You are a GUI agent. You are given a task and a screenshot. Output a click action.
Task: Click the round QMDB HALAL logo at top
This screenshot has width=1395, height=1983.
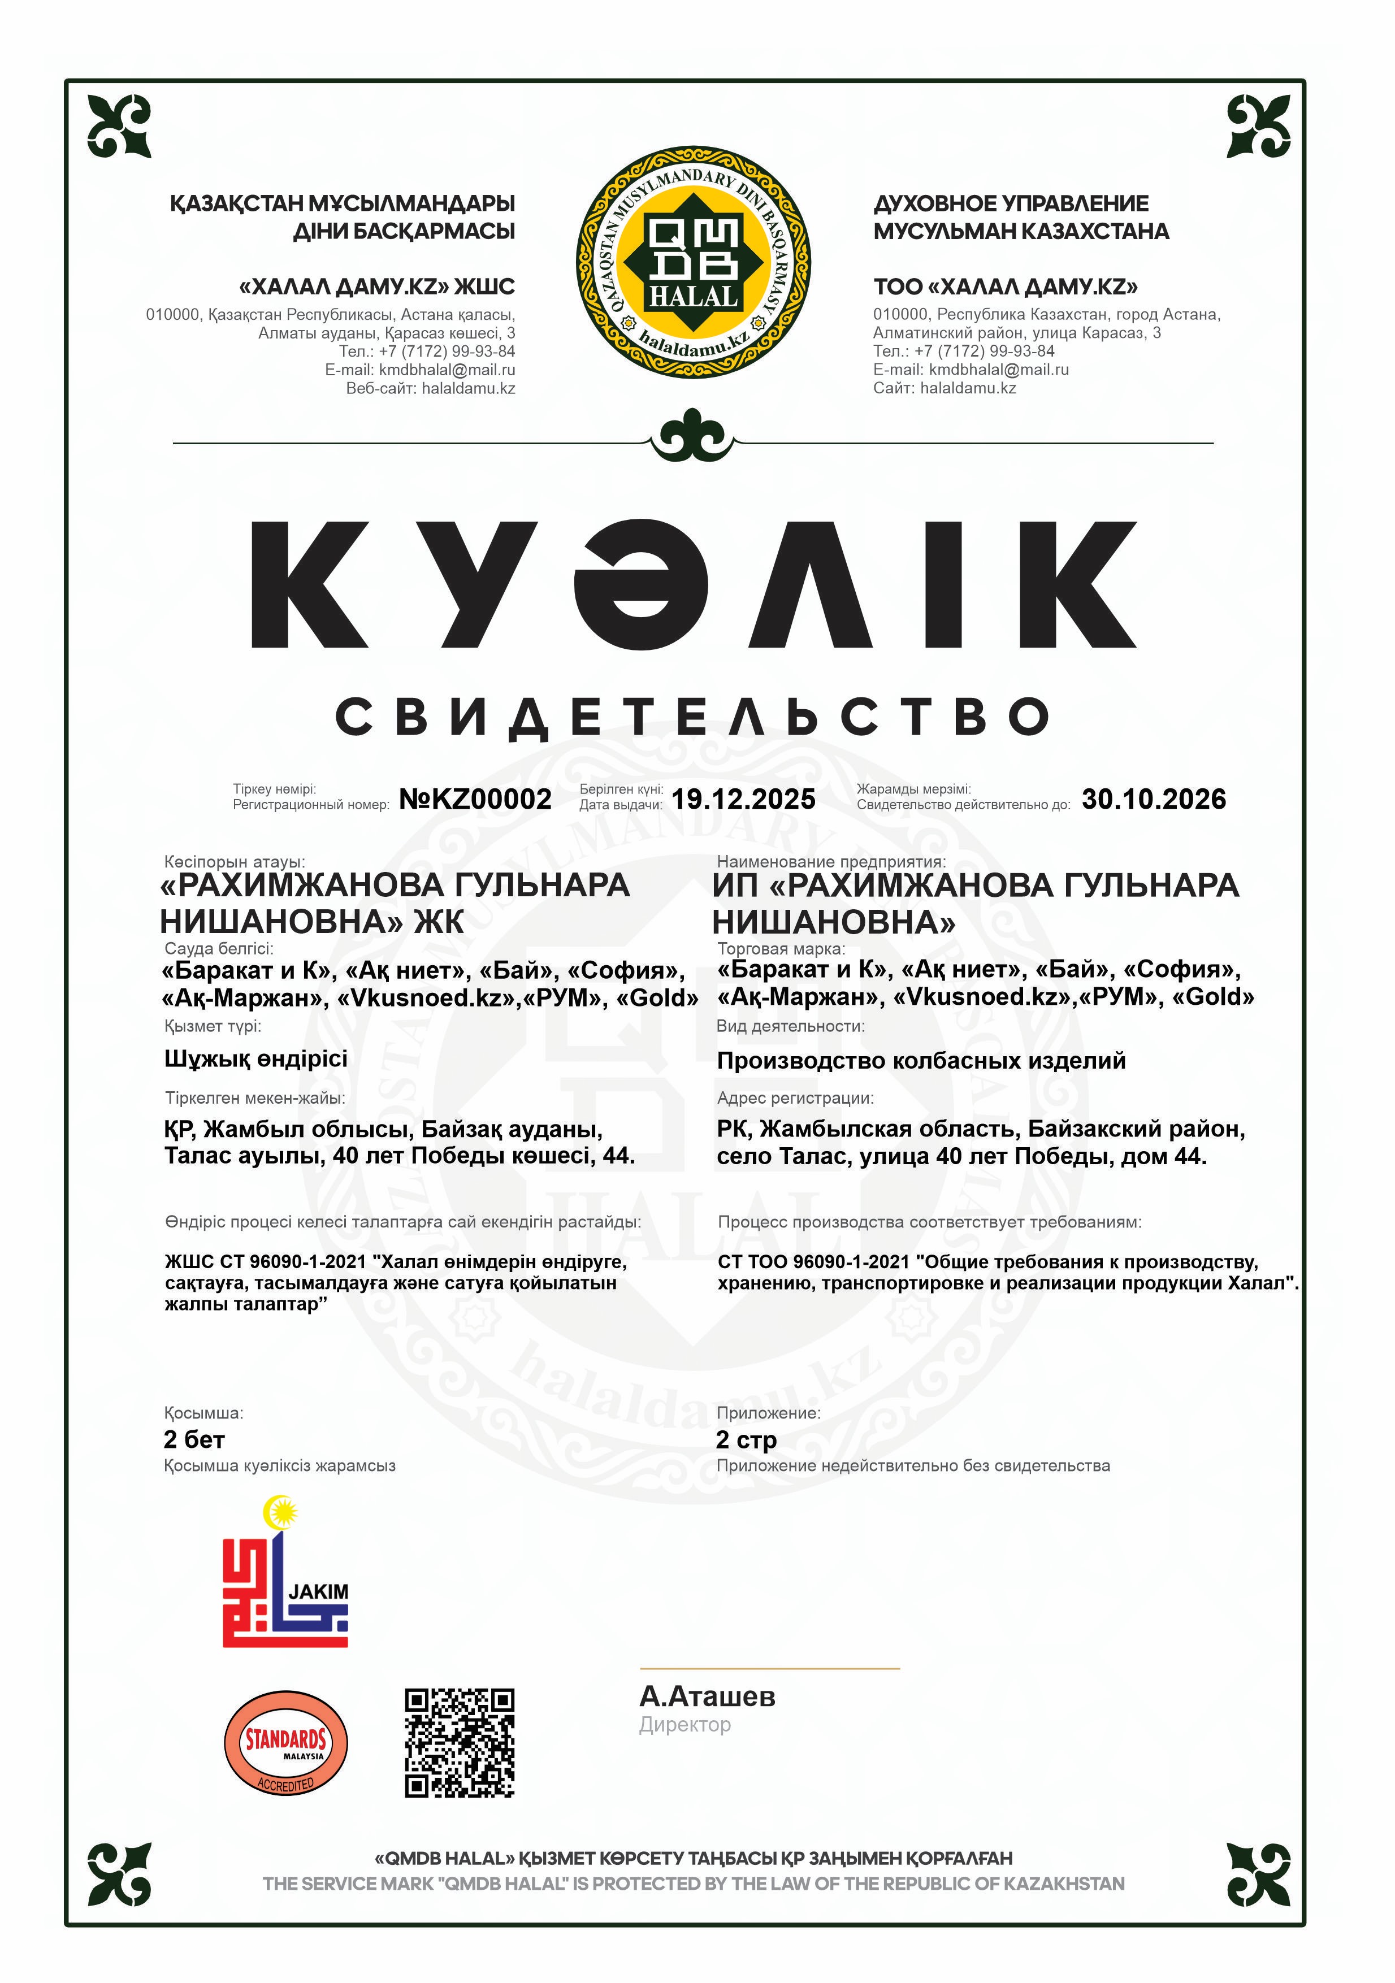[693, 262]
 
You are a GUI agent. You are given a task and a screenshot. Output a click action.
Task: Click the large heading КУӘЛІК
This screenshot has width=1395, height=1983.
[693, 585]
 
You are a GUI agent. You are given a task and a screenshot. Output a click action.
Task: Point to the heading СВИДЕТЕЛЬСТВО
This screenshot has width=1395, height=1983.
[693, 717]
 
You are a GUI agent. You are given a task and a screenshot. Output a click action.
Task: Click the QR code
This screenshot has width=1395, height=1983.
[460, 1743]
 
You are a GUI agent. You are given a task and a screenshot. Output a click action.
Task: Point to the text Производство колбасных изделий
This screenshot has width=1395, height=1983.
[921, 1061]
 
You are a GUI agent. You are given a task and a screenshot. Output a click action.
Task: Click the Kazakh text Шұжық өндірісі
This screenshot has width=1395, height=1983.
[255, 1059]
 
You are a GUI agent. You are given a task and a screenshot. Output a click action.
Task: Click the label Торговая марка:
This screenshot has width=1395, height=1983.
[781, 948]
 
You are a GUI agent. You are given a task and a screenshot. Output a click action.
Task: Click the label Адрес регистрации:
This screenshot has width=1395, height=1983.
[795, 1097]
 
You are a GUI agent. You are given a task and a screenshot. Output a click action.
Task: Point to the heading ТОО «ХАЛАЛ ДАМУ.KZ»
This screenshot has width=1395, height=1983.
[1006, 287]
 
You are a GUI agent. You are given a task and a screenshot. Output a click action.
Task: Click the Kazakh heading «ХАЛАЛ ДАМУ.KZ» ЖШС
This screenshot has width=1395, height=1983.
[376, 287]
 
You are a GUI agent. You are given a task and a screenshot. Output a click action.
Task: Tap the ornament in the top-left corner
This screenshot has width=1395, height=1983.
[119, 126]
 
